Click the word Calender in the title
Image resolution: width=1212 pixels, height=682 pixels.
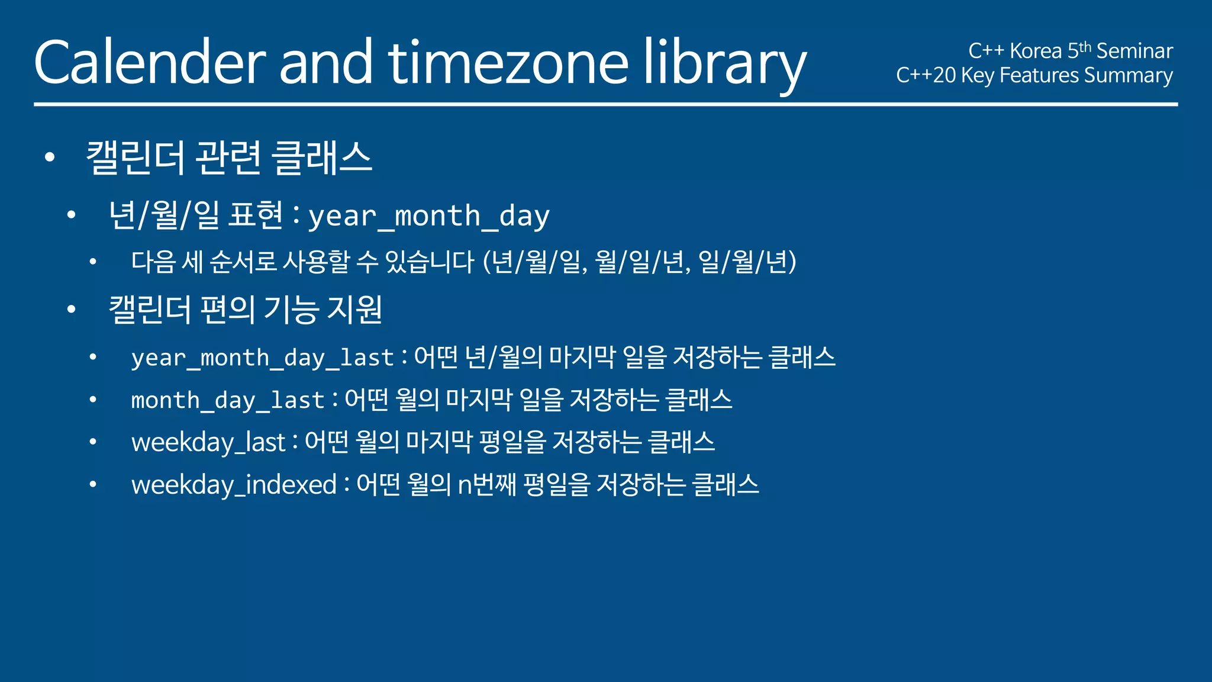pos(150,63)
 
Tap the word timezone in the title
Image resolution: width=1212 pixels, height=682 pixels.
pos(508,63)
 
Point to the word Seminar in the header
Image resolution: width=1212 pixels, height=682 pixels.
pos(1134,51)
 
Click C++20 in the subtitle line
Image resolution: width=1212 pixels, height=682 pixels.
pos(926,75)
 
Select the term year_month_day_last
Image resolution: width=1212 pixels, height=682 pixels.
pos(263,358)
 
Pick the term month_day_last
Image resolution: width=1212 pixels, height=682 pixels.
pos(228,400)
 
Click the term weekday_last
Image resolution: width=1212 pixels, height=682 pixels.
pos(208,442)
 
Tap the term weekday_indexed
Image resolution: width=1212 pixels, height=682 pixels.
pos(234,485)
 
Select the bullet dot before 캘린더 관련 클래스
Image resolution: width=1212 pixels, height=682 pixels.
pos(50,157)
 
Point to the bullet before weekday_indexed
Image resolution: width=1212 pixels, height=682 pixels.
pos(93,485)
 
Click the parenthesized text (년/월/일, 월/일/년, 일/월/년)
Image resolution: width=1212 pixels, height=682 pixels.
pos(640,262)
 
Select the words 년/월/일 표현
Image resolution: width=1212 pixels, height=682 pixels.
pos(196,215)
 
